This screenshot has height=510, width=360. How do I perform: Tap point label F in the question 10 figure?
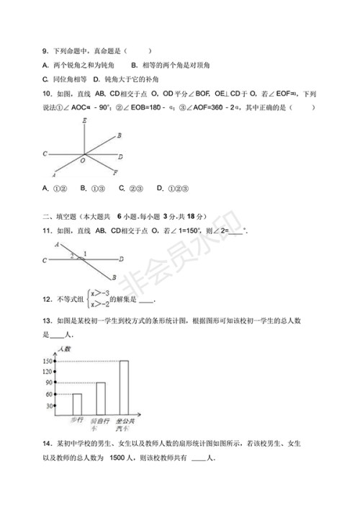tap(115, 171)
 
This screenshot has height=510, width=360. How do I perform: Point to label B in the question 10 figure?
tap(119, 135)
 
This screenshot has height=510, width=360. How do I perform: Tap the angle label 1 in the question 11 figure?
tap(84, 254)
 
